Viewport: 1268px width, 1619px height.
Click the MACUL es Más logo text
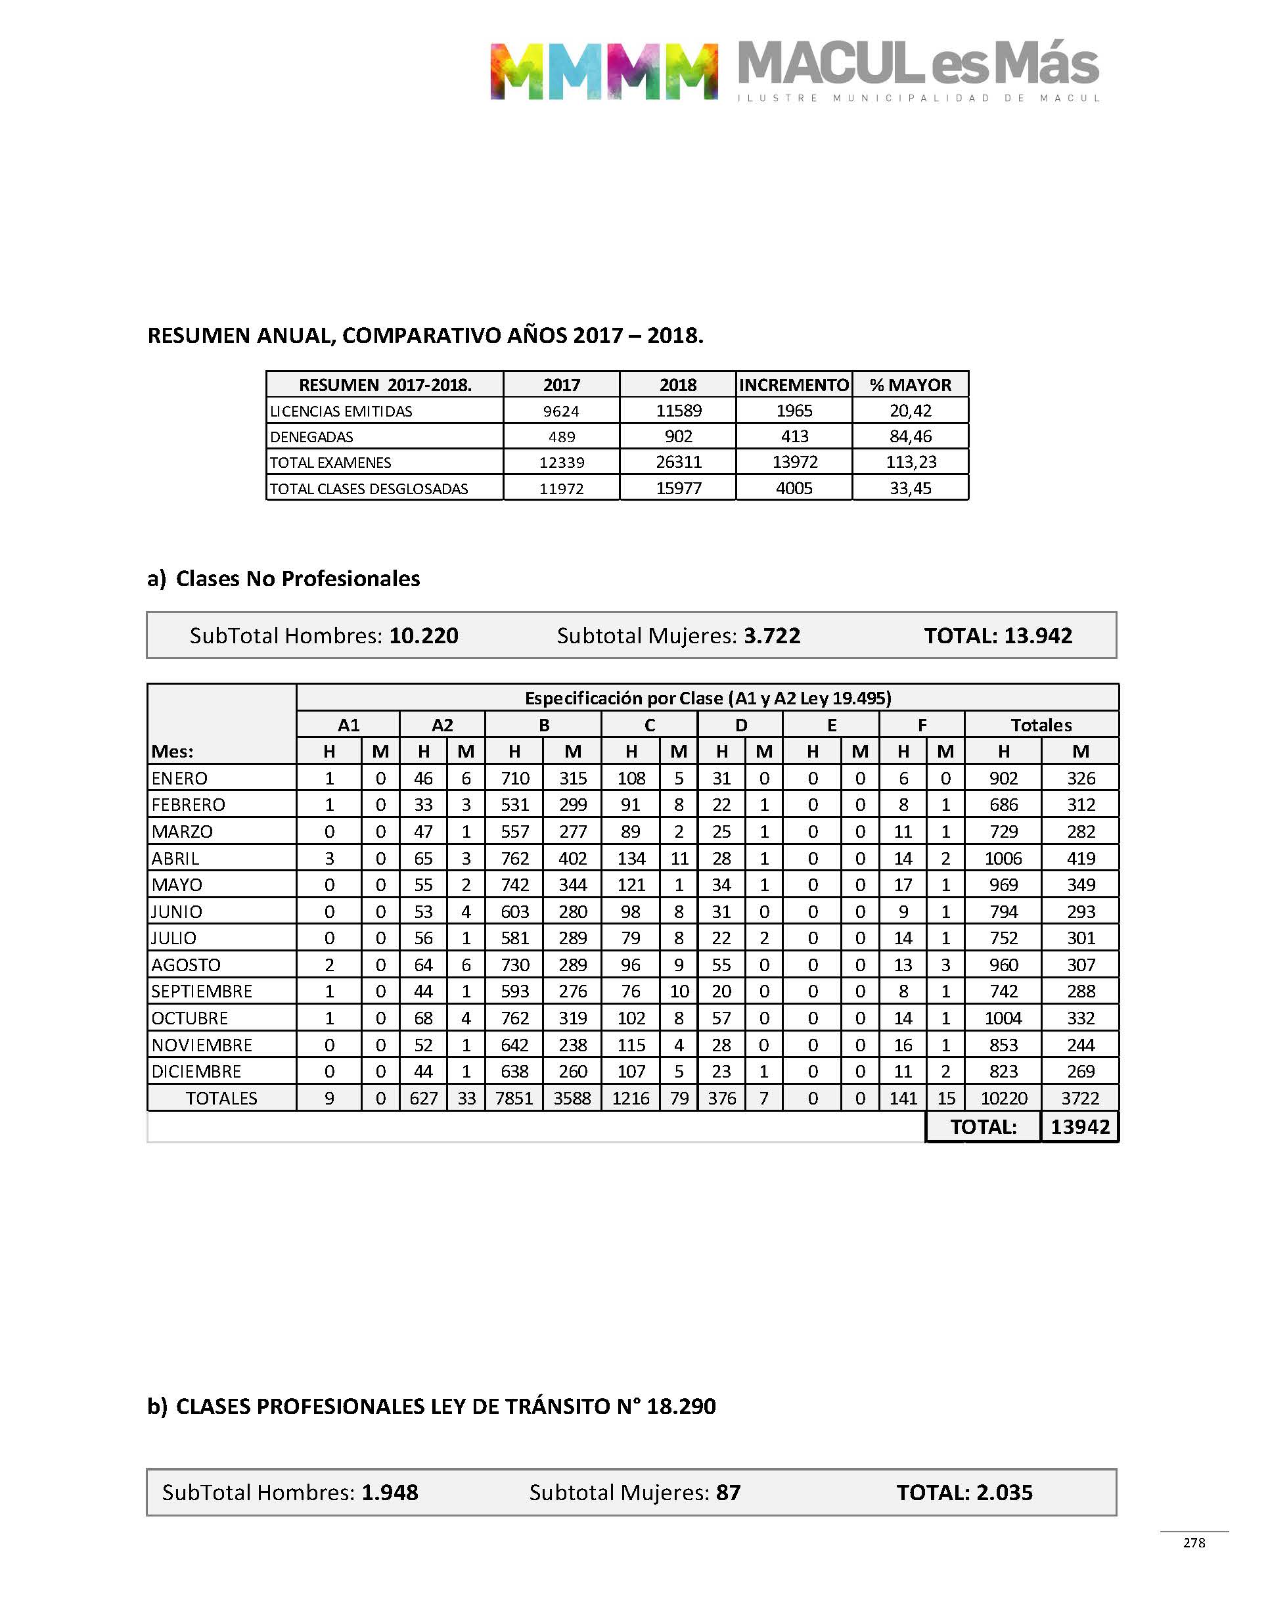(x=918, y=64)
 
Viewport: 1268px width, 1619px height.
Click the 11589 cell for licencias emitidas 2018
(x=678, y=411)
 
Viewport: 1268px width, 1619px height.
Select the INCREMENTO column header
(x=794, y=384)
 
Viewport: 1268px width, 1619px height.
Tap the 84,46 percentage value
(x=910, y=436)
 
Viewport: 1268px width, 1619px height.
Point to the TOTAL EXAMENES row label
(x=330, y=463)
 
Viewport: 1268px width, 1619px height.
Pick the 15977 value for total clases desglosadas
(x=678, y=488)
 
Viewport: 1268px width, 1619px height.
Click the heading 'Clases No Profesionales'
(x=298, y=578)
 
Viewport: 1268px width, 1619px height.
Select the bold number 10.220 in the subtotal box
(x=424, y=635)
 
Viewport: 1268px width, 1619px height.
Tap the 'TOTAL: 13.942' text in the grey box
(x=998, y=635)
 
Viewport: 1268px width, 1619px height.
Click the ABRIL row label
(x=175, y=858)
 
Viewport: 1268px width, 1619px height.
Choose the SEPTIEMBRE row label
(x=202, y=991)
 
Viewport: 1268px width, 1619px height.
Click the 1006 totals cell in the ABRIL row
(x=1003, y=858)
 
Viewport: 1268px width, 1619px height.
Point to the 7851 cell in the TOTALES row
(x=514, y=1098)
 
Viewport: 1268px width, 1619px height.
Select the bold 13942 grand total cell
(x=1080, y=1127)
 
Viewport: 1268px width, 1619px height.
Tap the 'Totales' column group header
(x=1041, y=725)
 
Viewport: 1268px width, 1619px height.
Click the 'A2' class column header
(x=442, y=725)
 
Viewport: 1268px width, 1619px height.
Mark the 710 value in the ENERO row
(x=514, y=778)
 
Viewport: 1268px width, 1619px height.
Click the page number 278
(x=1194, y=1543)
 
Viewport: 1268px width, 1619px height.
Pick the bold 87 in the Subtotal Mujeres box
(x=729, y=1492)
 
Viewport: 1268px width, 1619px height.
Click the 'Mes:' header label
(x=172, y=751)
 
